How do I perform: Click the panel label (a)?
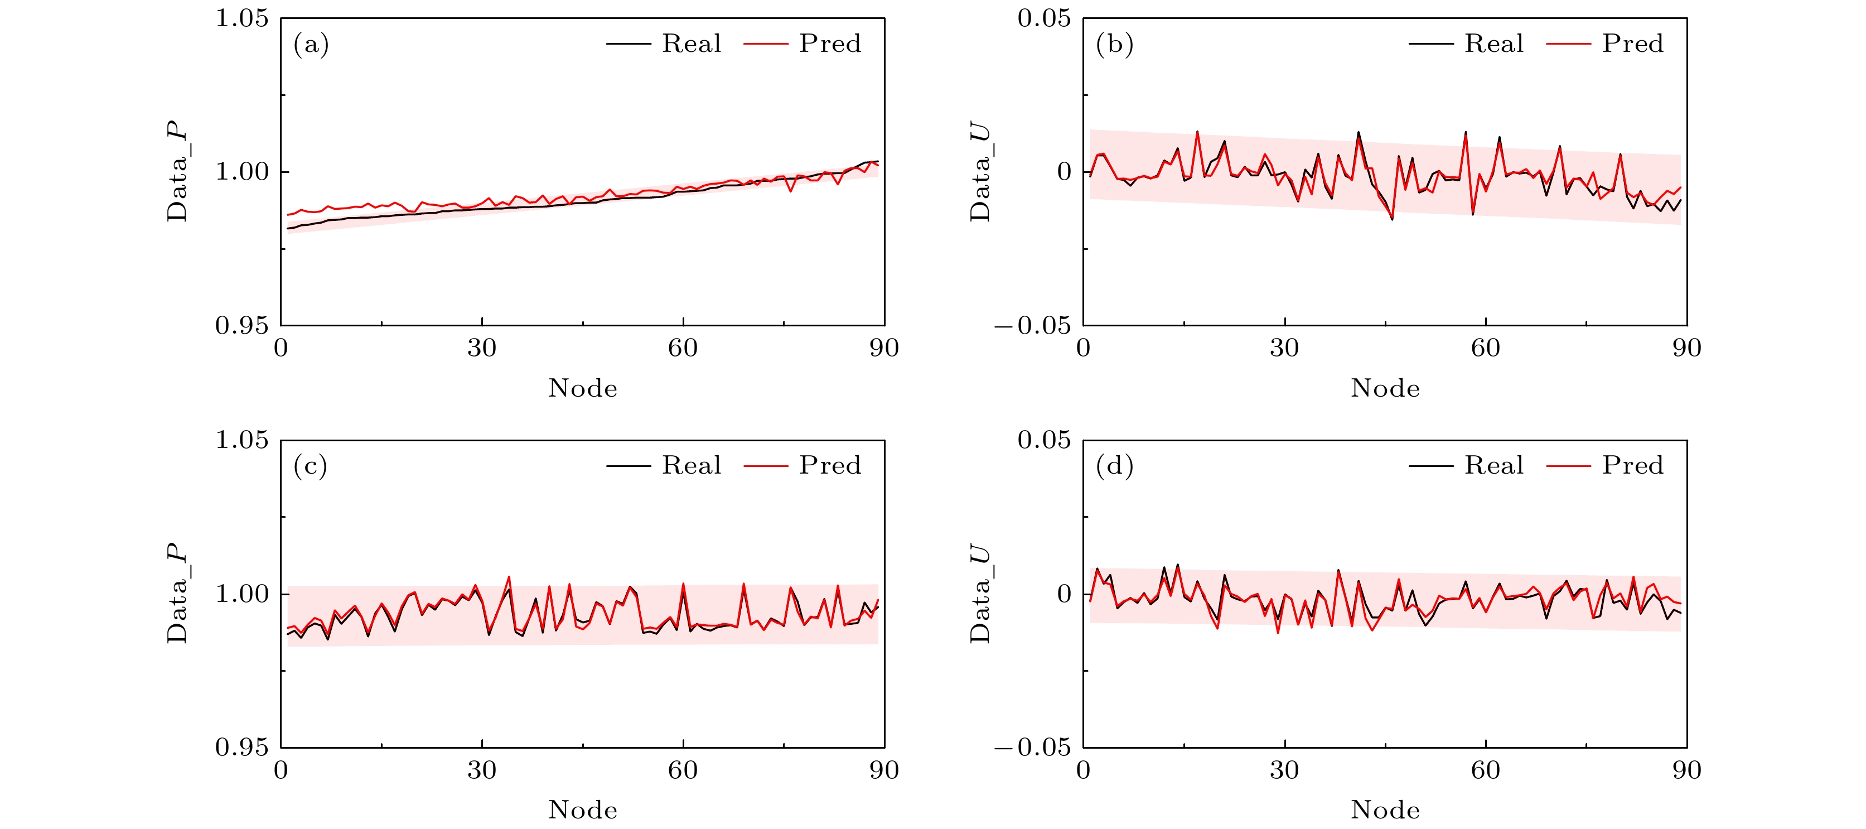tap(311, 45)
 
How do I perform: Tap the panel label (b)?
tap(1114, 45)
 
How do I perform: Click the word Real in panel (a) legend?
tap(691, 44)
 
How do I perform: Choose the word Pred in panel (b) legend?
tap(1632, 44)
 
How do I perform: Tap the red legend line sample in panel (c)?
tap(766, 466)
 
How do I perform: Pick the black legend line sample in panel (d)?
tap(1430, 466)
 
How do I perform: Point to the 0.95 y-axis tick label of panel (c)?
tap(242, 747)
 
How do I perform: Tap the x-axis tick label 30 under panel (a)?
tap(482, 349)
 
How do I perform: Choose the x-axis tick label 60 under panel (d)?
tap(1485, 770)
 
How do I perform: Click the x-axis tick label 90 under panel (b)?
tap(1686, 349)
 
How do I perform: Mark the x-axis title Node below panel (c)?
tap(582, 810)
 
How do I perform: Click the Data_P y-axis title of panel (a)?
tap(177, 172)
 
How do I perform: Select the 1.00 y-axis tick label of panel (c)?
tap(242, 594)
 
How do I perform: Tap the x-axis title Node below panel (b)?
tap(1385, 388)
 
